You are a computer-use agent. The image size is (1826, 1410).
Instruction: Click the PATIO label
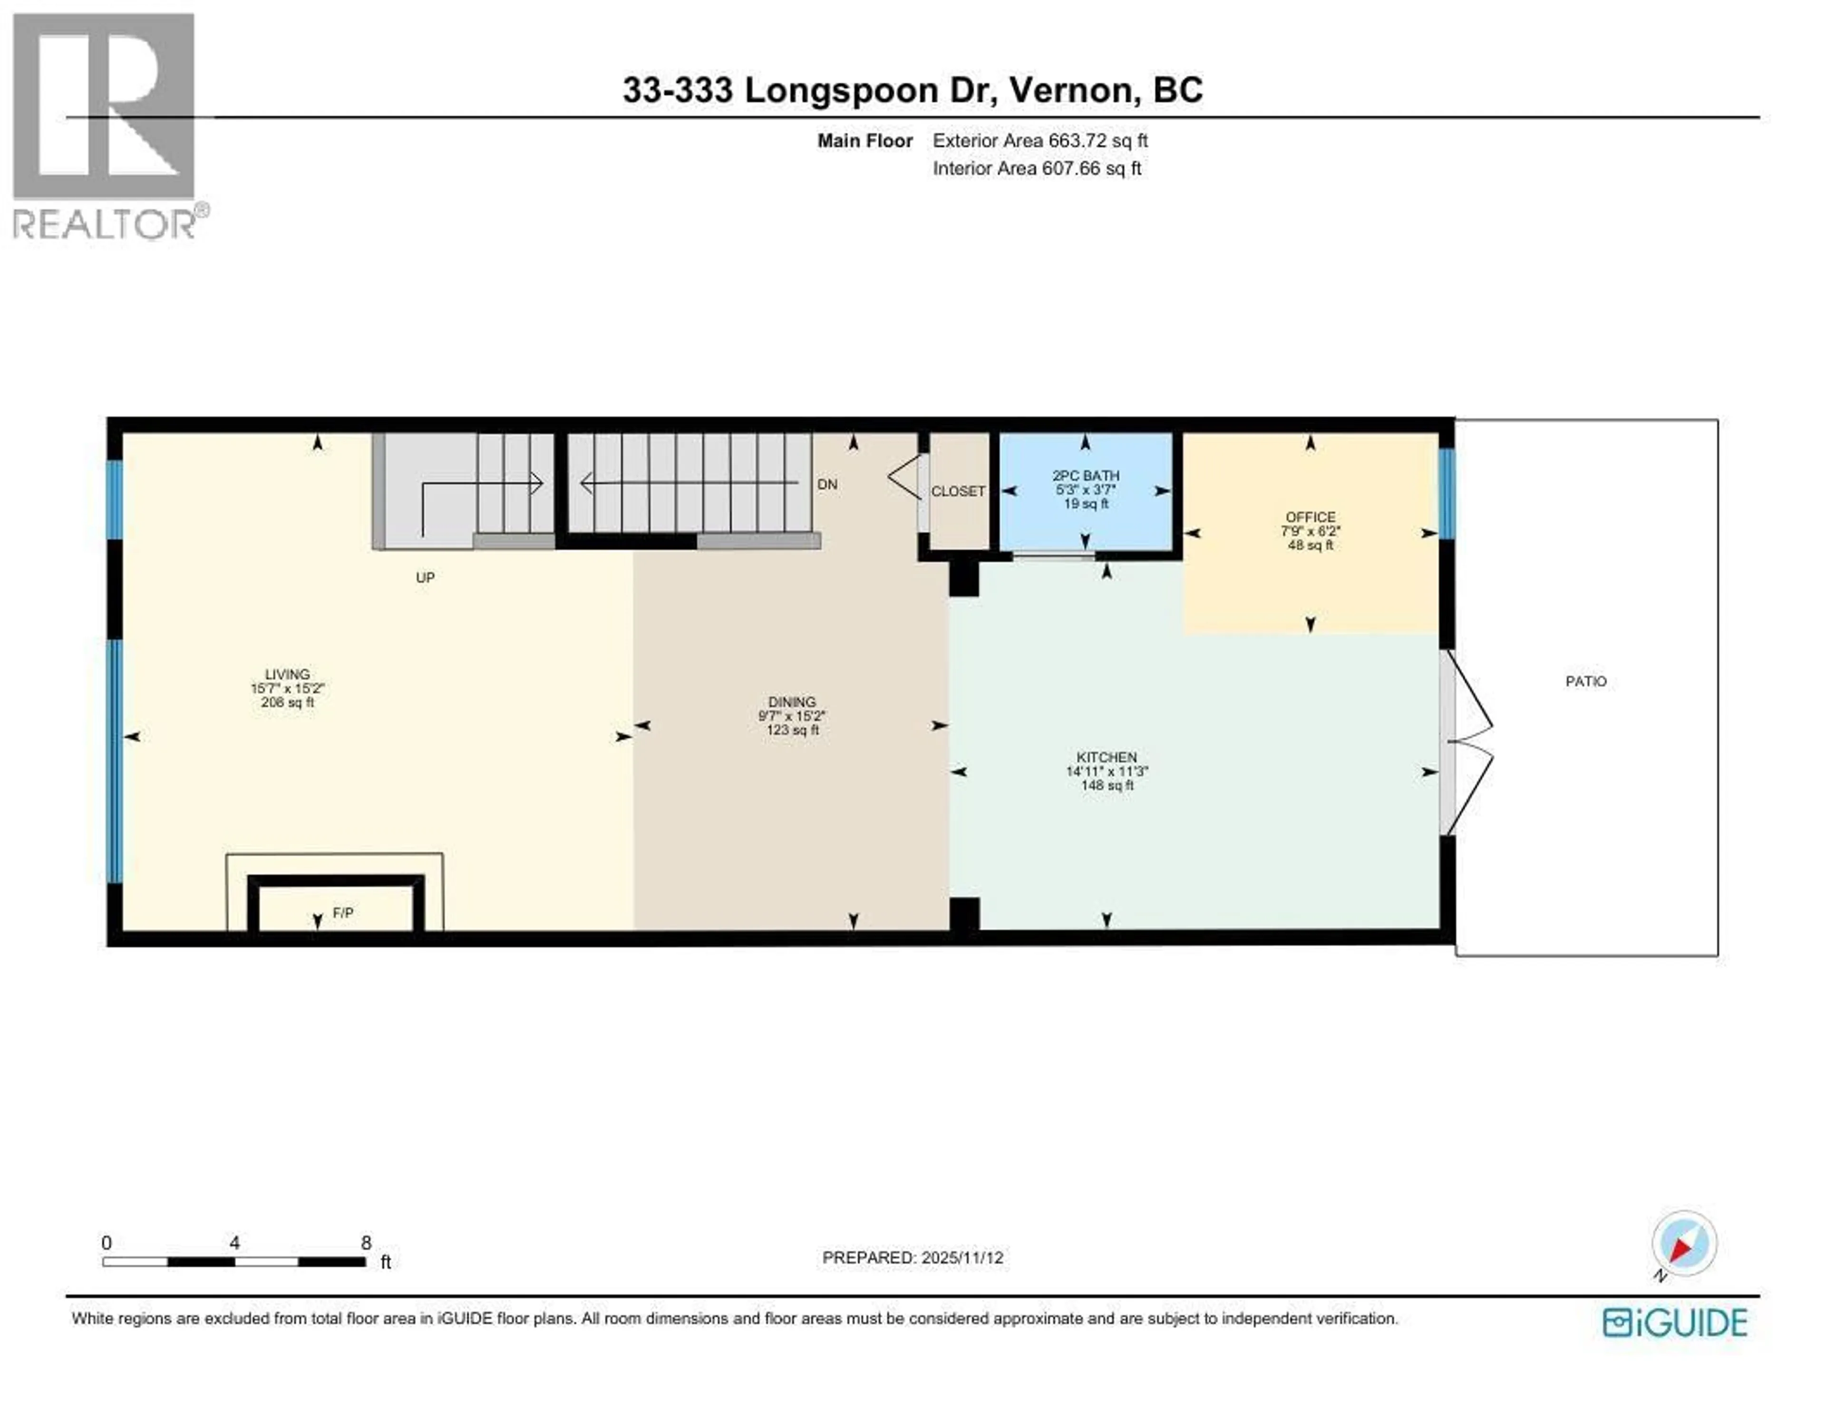(x=1585, y=681)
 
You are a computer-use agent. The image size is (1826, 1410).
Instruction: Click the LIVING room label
(x=287, y=674)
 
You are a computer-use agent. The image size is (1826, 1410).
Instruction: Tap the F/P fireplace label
(x=343, y=913)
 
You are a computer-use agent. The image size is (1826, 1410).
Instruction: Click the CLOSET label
(x=958, y=491)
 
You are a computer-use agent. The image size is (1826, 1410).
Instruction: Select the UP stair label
(x=425, y=577)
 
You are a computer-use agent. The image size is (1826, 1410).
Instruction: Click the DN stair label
(x=827, y=485)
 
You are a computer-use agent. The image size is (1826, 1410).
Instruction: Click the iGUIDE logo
(x=1675, y=1323)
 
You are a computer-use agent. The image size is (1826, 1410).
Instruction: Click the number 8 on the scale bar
(x=365, y=1243)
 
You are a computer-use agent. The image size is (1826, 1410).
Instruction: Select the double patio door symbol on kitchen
(x=1465, y=742)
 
